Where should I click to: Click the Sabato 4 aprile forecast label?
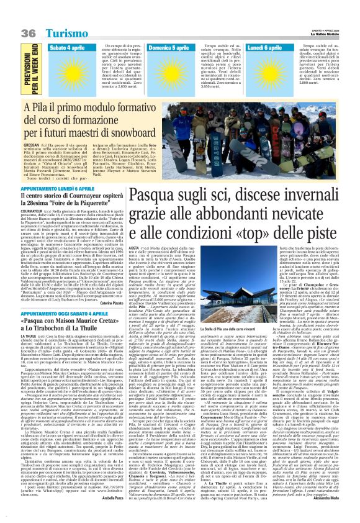(x=66, y=47)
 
